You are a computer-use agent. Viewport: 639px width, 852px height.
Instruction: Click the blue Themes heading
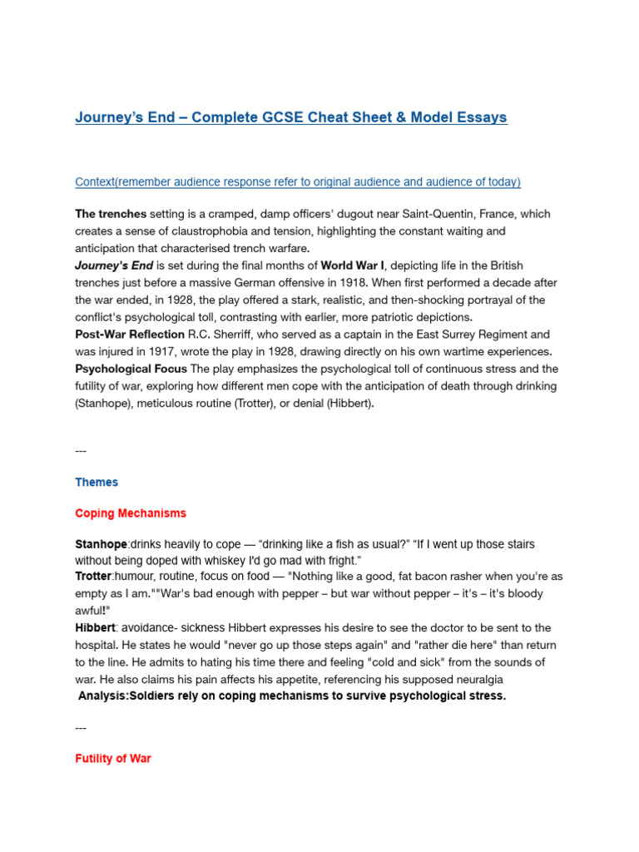click(x=97, y=482)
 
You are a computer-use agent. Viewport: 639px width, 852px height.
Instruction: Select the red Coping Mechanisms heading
click(x=131, y=513)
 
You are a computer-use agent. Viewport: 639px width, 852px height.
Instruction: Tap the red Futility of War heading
click(x=113, y=759)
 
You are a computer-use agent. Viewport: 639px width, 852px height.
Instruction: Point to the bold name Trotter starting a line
click(x=94, y=576)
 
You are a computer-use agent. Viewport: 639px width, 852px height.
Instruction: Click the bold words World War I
click(x=353, y=265)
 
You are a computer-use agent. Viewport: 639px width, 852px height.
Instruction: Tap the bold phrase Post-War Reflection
click(x=130, y=334)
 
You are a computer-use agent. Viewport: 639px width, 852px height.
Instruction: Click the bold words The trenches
click(x=111, y=214)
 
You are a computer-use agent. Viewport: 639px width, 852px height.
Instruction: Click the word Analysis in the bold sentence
click(x=105, y=696)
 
